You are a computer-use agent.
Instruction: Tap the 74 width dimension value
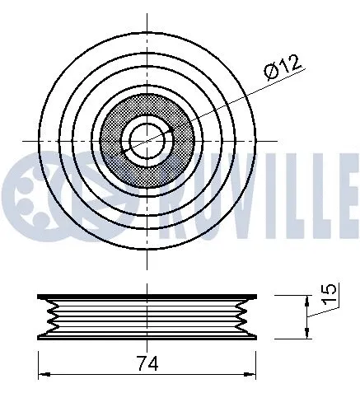pyautogui.click(x=148, y=363)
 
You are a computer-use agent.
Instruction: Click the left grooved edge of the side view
pyautogui.click(x=48, y=316)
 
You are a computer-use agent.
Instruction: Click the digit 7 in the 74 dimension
pyautogui.click(x=142, y=363)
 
